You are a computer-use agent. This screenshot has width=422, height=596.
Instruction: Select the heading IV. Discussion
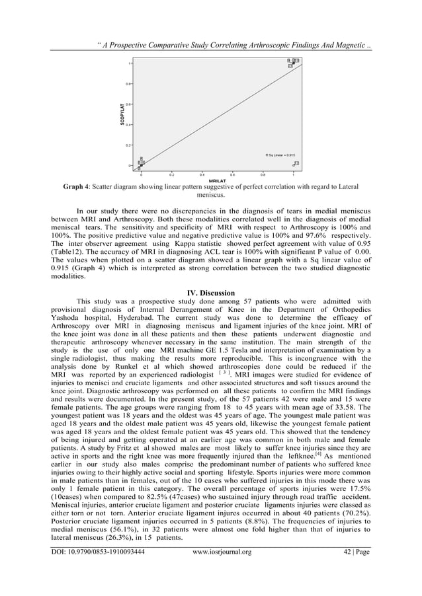click(211, 293)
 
